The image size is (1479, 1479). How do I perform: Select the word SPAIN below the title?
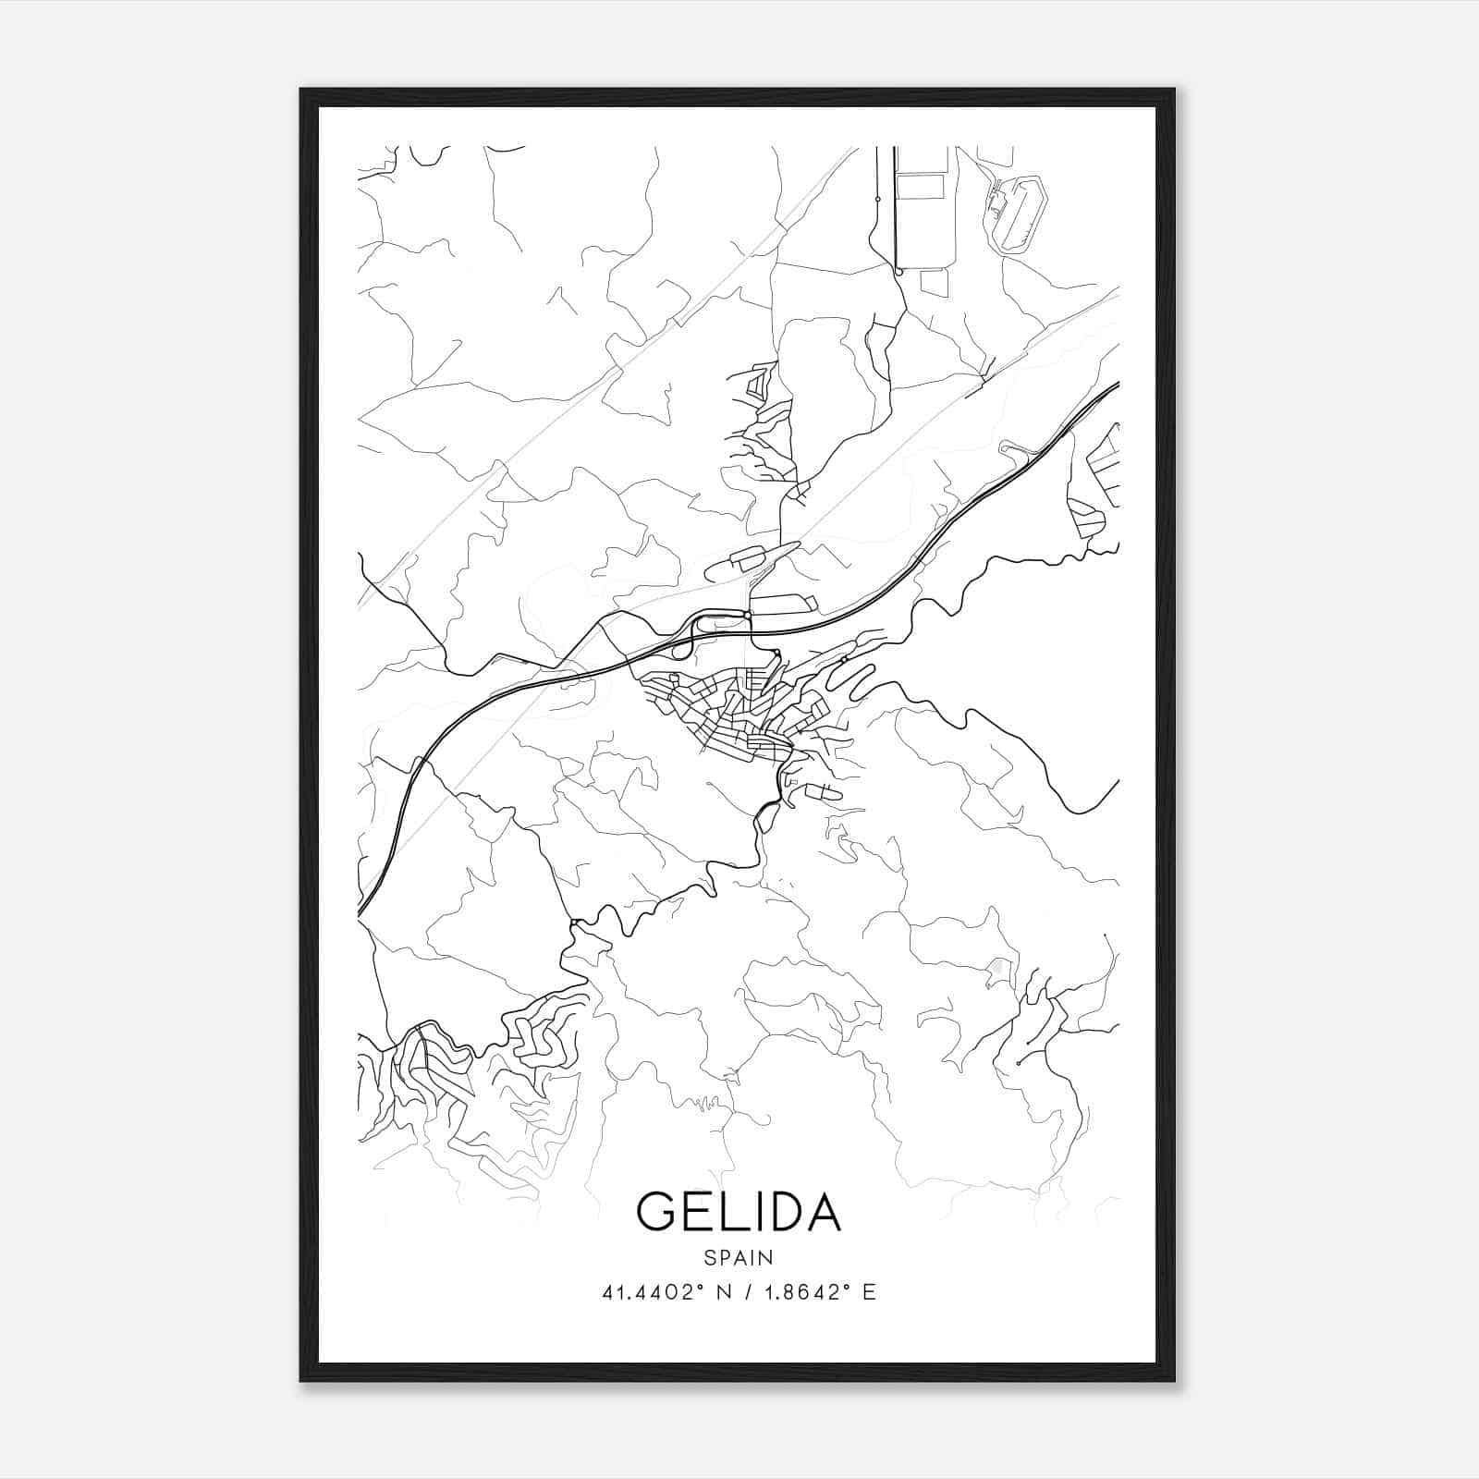739,1257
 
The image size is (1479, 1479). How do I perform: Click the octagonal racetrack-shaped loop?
1017,214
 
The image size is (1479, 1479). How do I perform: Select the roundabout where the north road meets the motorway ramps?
747,615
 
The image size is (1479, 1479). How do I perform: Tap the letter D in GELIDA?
785,1212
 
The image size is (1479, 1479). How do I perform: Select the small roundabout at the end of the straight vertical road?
898,273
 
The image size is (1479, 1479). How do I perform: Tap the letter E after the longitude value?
869,1292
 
